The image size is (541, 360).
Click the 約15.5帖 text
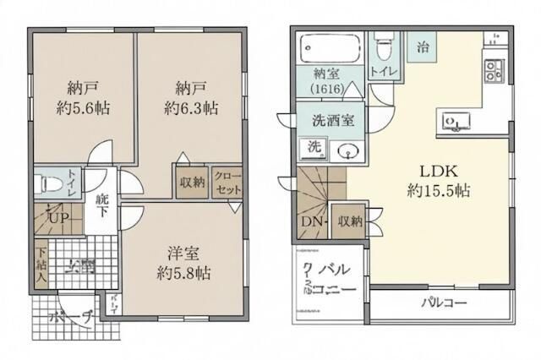(x=428, y=190)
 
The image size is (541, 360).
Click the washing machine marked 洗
(x=314, y=147)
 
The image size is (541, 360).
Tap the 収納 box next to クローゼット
(x=192, y=182)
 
